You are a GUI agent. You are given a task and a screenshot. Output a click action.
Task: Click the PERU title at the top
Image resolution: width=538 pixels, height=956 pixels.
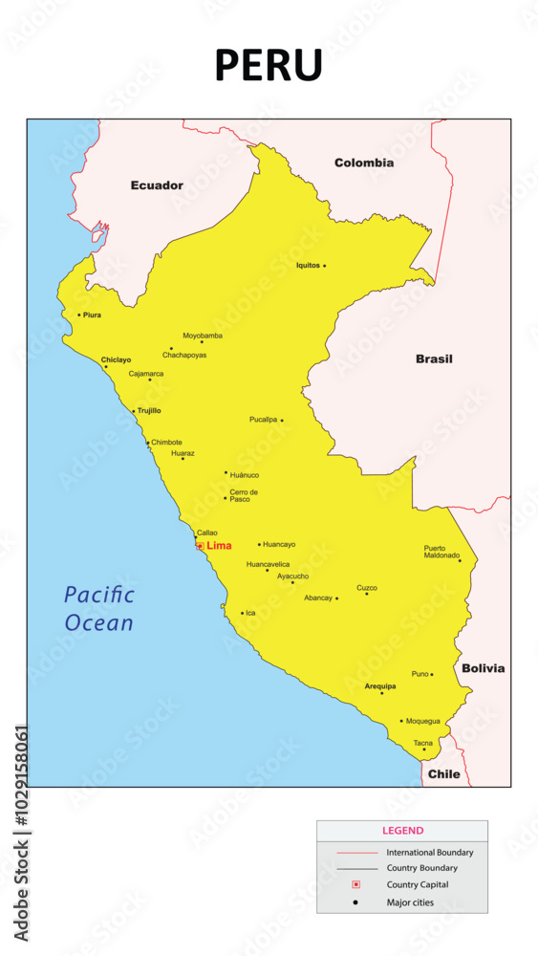click(269, 65)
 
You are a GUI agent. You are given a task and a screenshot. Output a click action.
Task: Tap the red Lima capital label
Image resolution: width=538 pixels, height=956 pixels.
click(219, 546)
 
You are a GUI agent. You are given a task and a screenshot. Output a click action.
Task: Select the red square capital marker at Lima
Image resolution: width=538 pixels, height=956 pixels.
click(200, 546)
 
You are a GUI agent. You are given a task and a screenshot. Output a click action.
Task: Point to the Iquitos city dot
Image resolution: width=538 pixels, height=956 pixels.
click(324, 266)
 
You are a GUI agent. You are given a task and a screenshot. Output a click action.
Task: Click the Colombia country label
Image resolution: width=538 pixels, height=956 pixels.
click(363, 163)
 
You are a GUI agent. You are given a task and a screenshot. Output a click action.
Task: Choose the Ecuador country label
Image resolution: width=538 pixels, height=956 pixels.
click(157, 185)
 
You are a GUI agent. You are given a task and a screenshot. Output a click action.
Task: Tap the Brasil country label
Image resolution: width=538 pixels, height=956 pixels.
click(434, 359)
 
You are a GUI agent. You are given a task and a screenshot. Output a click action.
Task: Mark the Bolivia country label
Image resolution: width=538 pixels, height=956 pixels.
click(483, 668)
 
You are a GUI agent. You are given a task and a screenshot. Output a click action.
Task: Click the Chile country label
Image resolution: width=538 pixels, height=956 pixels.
click(443, 773)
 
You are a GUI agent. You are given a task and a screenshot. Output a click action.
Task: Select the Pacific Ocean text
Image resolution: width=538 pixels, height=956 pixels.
click(99, 609)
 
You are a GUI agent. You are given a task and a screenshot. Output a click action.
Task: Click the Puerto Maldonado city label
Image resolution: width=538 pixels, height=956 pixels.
click(441, 552)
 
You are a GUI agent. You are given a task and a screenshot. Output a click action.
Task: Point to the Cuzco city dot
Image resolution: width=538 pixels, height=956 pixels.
click(366, 594)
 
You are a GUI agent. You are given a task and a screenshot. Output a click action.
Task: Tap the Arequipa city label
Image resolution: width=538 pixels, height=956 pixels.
click(380, 686)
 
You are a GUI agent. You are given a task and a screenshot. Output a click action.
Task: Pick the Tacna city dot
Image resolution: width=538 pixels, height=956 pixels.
click(424, 750)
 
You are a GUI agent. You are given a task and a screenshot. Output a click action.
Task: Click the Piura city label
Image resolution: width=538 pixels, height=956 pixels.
click(92, 315)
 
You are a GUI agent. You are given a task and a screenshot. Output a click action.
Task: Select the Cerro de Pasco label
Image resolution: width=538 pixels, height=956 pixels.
click(244, 495)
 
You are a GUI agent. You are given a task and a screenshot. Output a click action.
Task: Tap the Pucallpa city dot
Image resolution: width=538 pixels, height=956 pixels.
click(282, 420)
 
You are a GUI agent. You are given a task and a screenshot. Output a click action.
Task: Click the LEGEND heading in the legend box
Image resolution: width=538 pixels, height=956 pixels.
click(402, 831)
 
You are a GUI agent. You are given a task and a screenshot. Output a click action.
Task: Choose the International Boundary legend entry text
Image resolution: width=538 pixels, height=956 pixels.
click(429, 852)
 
